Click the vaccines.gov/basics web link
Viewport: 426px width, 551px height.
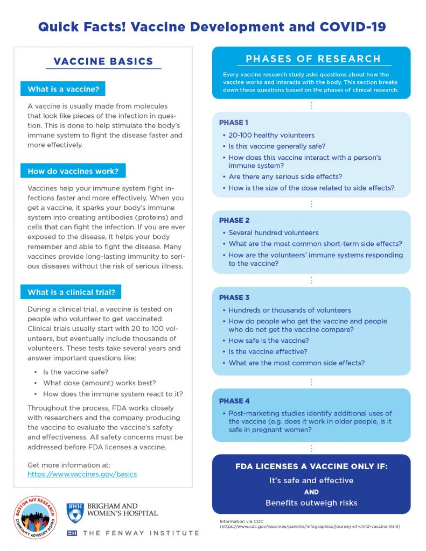[82, 474]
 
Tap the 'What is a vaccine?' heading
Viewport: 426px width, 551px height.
[62, 89]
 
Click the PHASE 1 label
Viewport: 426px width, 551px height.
[234, 122]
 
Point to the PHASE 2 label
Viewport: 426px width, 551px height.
[234, 220]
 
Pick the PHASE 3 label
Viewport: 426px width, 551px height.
[234, 297]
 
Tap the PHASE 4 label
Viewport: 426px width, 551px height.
[234, 401]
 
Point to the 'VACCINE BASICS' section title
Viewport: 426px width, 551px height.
[103, 61]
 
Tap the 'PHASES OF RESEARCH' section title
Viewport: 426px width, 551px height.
[313, 59]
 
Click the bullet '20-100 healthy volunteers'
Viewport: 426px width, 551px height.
[271, 135]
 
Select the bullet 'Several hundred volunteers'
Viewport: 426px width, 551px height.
[273, 232]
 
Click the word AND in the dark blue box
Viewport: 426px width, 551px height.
[311, 492]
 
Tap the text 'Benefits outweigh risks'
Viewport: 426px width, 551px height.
[311, 503]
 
